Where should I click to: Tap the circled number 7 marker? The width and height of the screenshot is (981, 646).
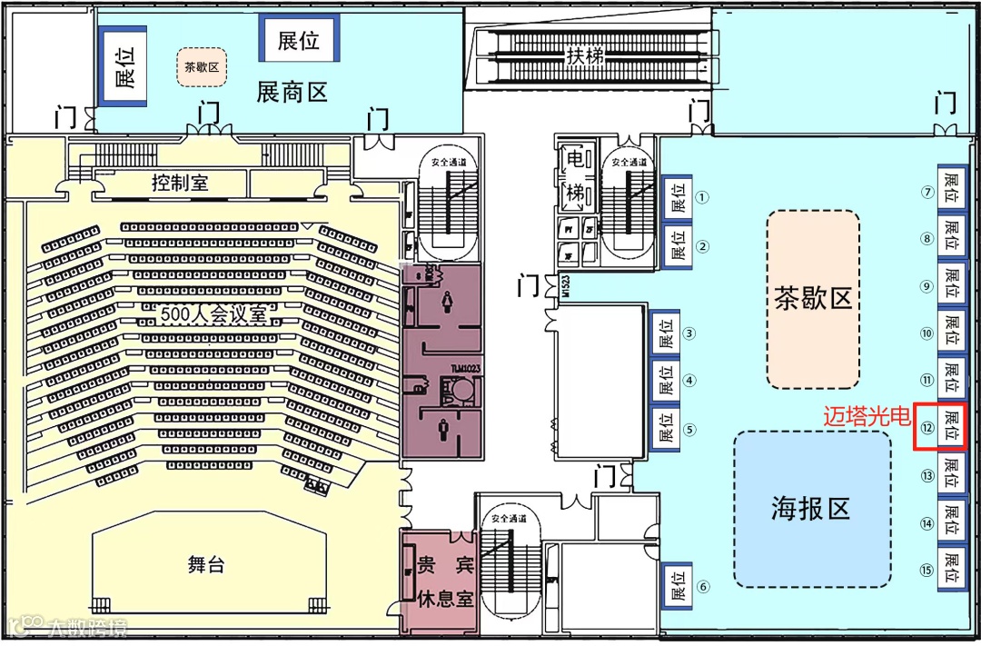pyautogui.click(x=927, y=193)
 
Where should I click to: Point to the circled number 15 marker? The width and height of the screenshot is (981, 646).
pyautogui.click(x=927, y=571)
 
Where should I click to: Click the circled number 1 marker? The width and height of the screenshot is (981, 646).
pyautogui.click(x=702, y=196)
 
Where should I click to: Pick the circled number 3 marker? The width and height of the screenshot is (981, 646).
pyautogui.click(x=689, y=333)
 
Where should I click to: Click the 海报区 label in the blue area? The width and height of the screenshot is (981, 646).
pyautogui.click(x=811, y=508)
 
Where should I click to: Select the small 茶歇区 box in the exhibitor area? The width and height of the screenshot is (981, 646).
pyautogui.click(x=201, y=67)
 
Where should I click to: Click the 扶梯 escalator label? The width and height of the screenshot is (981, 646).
pyautogui.click(x=586, y=56)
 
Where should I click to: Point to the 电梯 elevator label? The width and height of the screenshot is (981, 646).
pyautogui.click(x=577, y=176)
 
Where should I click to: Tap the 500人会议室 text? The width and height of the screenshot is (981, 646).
pyautogui.click(x=214, y=315)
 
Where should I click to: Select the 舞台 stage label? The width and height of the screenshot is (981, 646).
pyautogui.click(x=206, y=565)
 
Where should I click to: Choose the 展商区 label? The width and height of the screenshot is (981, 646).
pyautogui.click(x=292, y=92)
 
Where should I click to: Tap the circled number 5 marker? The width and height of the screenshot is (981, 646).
pyautogui.click(x=689, y=430)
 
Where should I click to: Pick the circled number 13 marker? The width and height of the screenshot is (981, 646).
pyautogui.click(x=927, y=475)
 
